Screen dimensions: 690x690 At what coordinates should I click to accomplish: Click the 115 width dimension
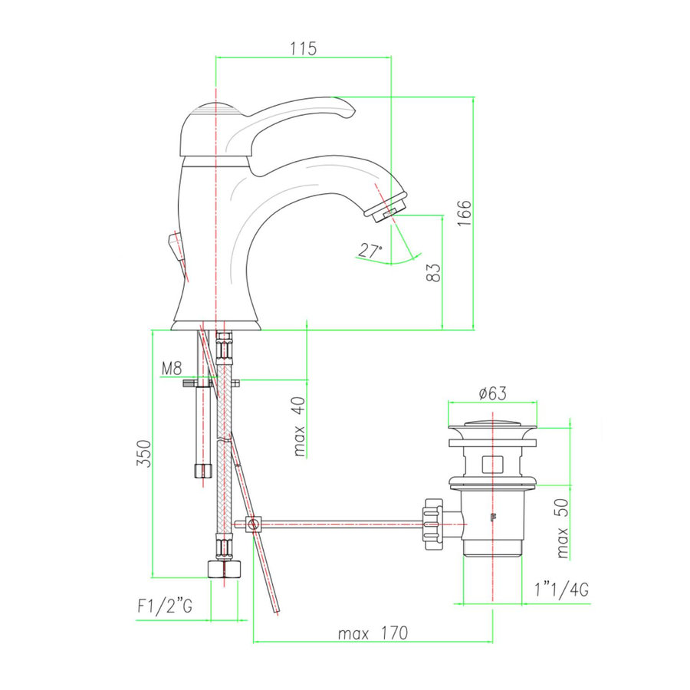[304, 48]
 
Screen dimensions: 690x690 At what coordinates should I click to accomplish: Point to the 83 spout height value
[433, 274]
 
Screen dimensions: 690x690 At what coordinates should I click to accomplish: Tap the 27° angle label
[370, 250]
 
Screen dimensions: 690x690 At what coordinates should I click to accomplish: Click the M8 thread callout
[171, 369]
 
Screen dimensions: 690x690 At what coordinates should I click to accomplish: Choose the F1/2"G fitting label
[164, 606]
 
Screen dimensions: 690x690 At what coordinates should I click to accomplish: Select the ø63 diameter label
[492, 394]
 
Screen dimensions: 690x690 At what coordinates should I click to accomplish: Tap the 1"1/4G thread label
[561, 590]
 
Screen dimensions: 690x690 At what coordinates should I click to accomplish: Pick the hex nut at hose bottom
[224, 569]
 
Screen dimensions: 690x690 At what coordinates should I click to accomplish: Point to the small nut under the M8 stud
[202, 469]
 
